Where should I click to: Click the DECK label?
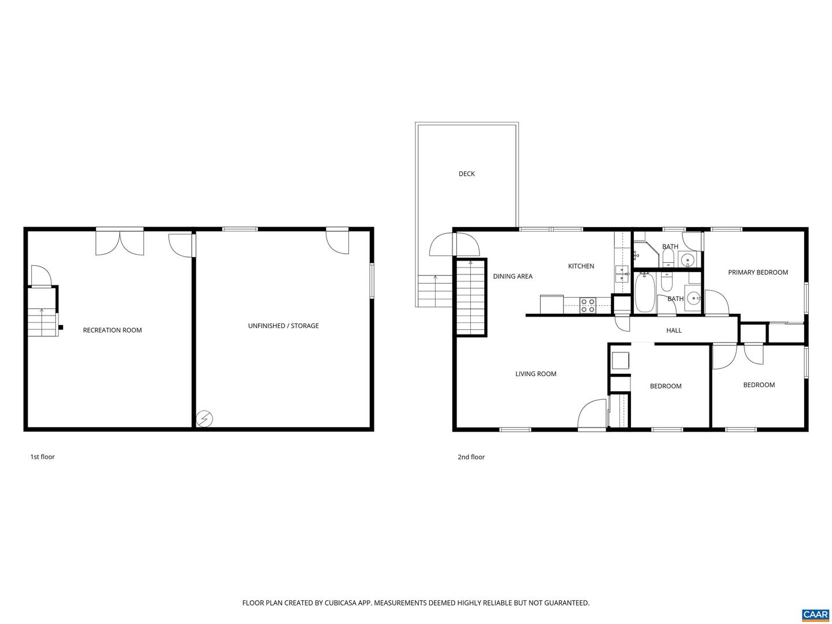pos(466,174)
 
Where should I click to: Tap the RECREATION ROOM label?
pos(112,330)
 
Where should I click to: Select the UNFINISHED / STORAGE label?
pos(283,326)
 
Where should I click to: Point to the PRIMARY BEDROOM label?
pos(757,273)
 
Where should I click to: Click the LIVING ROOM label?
pos(536,374)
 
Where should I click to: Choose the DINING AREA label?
pos(512,277)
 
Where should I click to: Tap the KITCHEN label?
pos(581,266)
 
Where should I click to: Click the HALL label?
pos(674,330)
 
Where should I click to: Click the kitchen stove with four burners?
pos(588,305)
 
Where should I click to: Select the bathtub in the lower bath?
pos(645,292)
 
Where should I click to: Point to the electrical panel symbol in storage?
pos(205,418)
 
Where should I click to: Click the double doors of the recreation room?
pos(120,242)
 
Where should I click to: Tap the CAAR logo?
pos(815,614)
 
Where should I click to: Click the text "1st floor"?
pos(42,457)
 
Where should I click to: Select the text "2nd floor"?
pos(471,457)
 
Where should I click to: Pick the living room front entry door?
pos(592,415)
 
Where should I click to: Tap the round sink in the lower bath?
pos(693,299)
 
